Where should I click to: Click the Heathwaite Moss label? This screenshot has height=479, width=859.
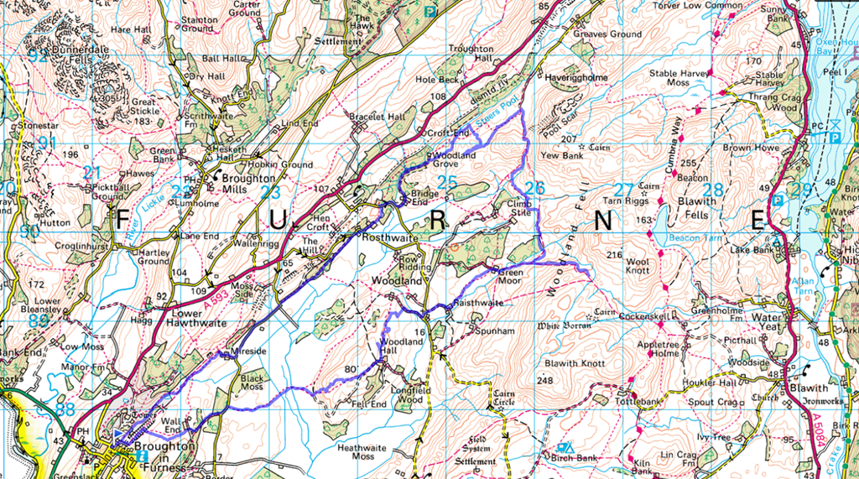367,453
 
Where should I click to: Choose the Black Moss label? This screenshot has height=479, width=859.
252,383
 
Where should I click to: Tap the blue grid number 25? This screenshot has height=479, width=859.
447,182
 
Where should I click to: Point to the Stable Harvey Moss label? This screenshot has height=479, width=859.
679,78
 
